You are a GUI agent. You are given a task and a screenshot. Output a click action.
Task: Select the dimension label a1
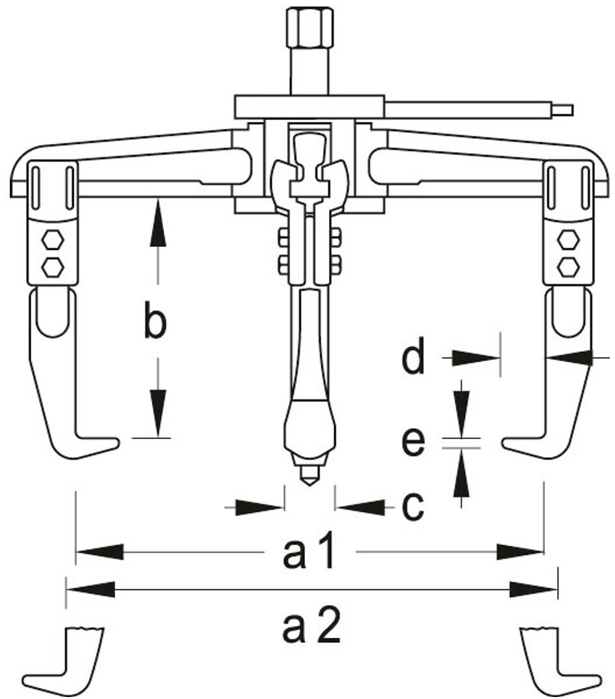click(x=309, y=552)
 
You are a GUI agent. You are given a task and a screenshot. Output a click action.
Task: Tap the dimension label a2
click(x=311, y=627)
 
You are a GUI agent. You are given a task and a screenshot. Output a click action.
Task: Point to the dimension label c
click(x=412, y=506)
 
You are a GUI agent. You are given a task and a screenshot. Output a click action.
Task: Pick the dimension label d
click(x=413, y=357)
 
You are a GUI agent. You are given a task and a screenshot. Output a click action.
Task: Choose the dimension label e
click(x=412, y=443)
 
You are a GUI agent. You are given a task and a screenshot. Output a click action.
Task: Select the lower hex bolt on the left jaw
click(x=52, y=265)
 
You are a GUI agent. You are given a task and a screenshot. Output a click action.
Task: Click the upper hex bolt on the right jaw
click(x=567, y=240)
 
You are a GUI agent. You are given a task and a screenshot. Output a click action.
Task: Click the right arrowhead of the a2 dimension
click(x=534, y=590)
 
